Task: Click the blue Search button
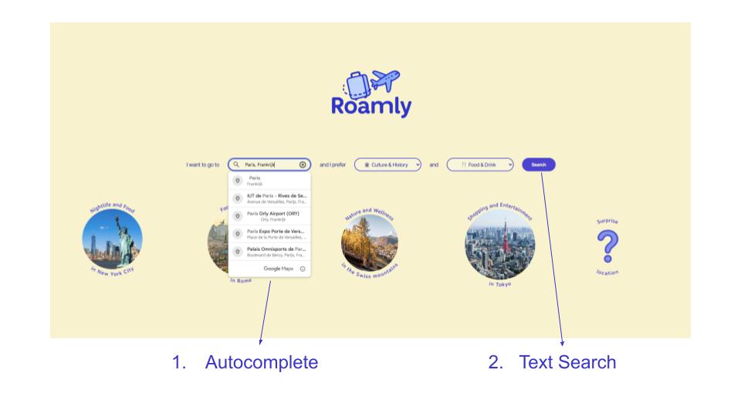click(x=538, y=164)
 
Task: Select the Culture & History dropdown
click(x=387, y=164)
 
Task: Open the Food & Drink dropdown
click(x=480, y=164)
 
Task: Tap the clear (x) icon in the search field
click(x=303, y=164)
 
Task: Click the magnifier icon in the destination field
click(x=237, y=164)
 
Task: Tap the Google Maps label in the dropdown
click(x=278, y=269)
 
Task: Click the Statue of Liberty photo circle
click(x=112, y=239)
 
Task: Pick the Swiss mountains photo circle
click(x=369, y=242)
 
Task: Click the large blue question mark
click(x=607, y=247)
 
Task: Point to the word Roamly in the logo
click(x=370, y=107)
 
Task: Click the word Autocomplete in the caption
click(x=261, y=361)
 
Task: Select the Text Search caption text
click(x=567, y=361)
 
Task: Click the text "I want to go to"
click(x=203, y=164)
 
